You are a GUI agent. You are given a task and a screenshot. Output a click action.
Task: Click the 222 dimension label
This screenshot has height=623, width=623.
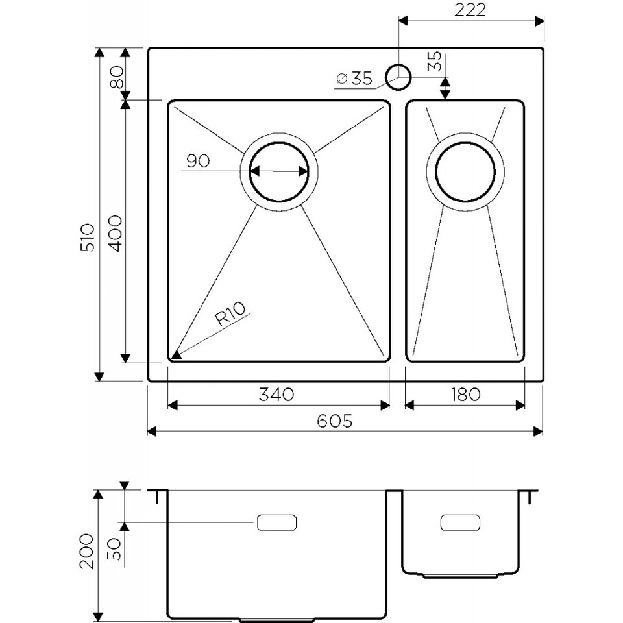(x=470, y=10)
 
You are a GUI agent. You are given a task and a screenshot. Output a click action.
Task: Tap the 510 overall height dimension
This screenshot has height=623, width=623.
(x=88, y=238)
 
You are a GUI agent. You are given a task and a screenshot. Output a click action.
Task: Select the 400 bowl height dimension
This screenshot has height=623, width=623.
(x=116, y=234)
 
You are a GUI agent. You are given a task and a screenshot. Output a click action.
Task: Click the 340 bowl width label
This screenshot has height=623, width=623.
(x=276, y=394)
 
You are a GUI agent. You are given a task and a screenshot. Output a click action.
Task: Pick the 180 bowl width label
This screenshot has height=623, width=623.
(x=465, y=394)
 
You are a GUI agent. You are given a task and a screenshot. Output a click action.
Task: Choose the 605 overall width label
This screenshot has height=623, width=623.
(x=335, y=421)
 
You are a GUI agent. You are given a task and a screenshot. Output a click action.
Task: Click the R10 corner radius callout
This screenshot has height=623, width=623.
(x=230, y=313)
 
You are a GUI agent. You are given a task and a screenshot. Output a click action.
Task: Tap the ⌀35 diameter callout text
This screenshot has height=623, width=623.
(x=354, y=79)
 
